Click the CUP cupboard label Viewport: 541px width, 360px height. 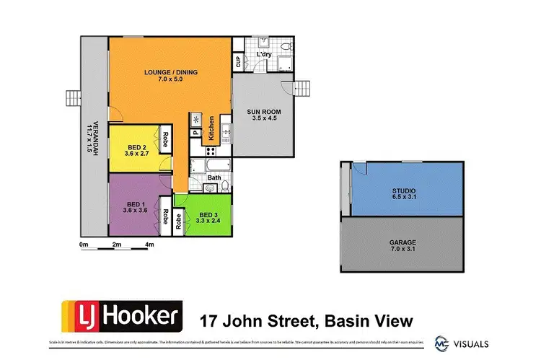[238, 63]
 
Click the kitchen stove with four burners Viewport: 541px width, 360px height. [212, 152]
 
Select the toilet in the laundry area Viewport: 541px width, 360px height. [286, 46]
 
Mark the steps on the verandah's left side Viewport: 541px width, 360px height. [72, 99]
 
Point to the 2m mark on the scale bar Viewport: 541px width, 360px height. [117, 245]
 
